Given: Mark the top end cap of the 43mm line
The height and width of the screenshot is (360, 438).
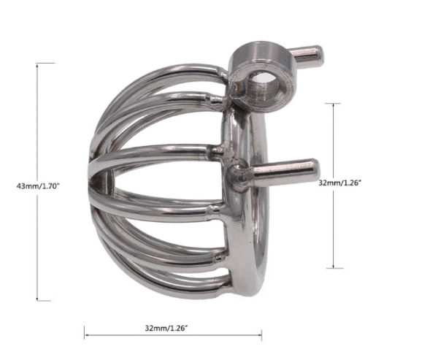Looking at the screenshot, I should tap(45, 64).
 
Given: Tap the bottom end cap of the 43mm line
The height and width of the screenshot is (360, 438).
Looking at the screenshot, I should tap(45, 300).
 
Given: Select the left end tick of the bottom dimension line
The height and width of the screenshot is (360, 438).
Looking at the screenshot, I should tap(85, 336).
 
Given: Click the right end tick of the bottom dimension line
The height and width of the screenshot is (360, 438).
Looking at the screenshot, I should tap(261, 336).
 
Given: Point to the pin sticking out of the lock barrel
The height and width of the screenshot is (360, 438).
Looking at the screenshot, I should tap(304, 53).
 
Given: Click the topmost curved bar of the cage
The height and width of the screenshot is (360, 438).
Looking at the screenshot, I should tap(175, 68).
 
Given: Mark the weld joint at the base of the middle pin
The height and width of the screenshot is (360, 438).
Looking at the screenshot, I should tap(238, 176).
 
